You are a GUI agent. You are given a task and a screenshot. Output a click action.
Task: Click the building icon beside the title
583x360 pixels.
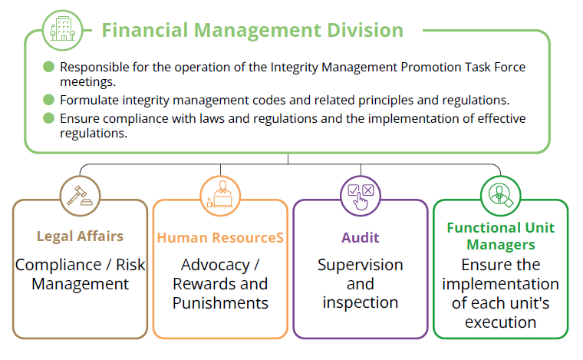(62, 30)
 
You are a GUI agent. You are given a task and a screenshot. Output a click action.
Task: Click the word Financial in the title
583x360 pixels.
(145, 30)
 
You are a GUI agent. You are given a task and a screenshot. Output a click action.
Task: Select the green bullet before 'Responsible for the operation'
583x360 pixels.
(48, 67)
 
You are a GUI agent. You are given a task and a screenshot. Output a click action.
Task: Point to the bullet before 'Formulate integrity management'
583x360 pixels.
(48, 100)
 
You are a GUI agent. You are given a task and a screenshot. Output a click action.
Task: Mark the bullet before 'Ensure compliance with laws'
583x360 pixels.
(48, 118)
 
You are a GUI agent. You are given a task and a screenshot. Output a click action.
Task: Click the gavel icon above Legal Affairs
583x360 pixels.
(80, 196)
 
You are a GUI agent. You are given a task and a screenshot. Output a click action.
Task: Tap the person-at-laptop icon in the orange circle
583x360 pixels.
(220, 196)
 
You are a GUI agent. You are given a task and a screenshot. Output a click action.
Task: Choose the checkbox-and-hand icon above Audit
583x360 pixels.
(361, 196)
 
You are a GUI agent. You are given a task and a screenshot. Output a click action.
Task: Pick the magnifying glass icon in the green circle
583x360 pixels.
(500, 196)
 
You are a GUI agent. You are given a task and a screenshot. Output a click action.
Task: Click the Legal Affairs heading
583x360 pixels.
(80, 236)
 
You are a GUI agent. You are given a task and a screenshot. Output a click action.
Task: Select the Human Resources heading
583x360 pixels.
(220, 238)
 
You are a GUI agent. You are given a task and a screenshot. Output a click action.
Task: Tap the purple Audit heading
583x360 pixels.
(361, 238)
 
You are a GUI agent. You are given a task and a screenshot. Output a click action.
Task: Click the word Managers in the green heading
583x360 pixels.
(501, 245)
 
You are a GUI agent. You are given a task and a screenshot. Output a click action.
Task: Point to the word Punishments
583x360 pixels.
(220, 303)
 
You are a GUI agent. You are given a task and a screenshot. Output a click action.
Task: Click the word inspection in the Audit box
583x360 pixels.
(361, 302)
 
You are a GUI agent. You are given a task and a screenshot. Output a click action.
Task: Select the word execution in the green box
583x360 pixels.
(500, 322)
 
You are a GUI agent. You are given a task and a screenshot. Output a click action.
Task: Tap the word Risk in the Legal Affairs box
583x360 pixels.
(130, 265)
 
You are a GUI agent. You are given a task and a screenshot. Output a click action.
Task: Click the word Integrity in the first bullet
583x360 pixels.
(294, 68)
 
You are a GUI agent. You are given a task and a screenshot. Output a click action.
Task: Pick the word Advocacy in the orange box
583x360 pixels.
(216, 265)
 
